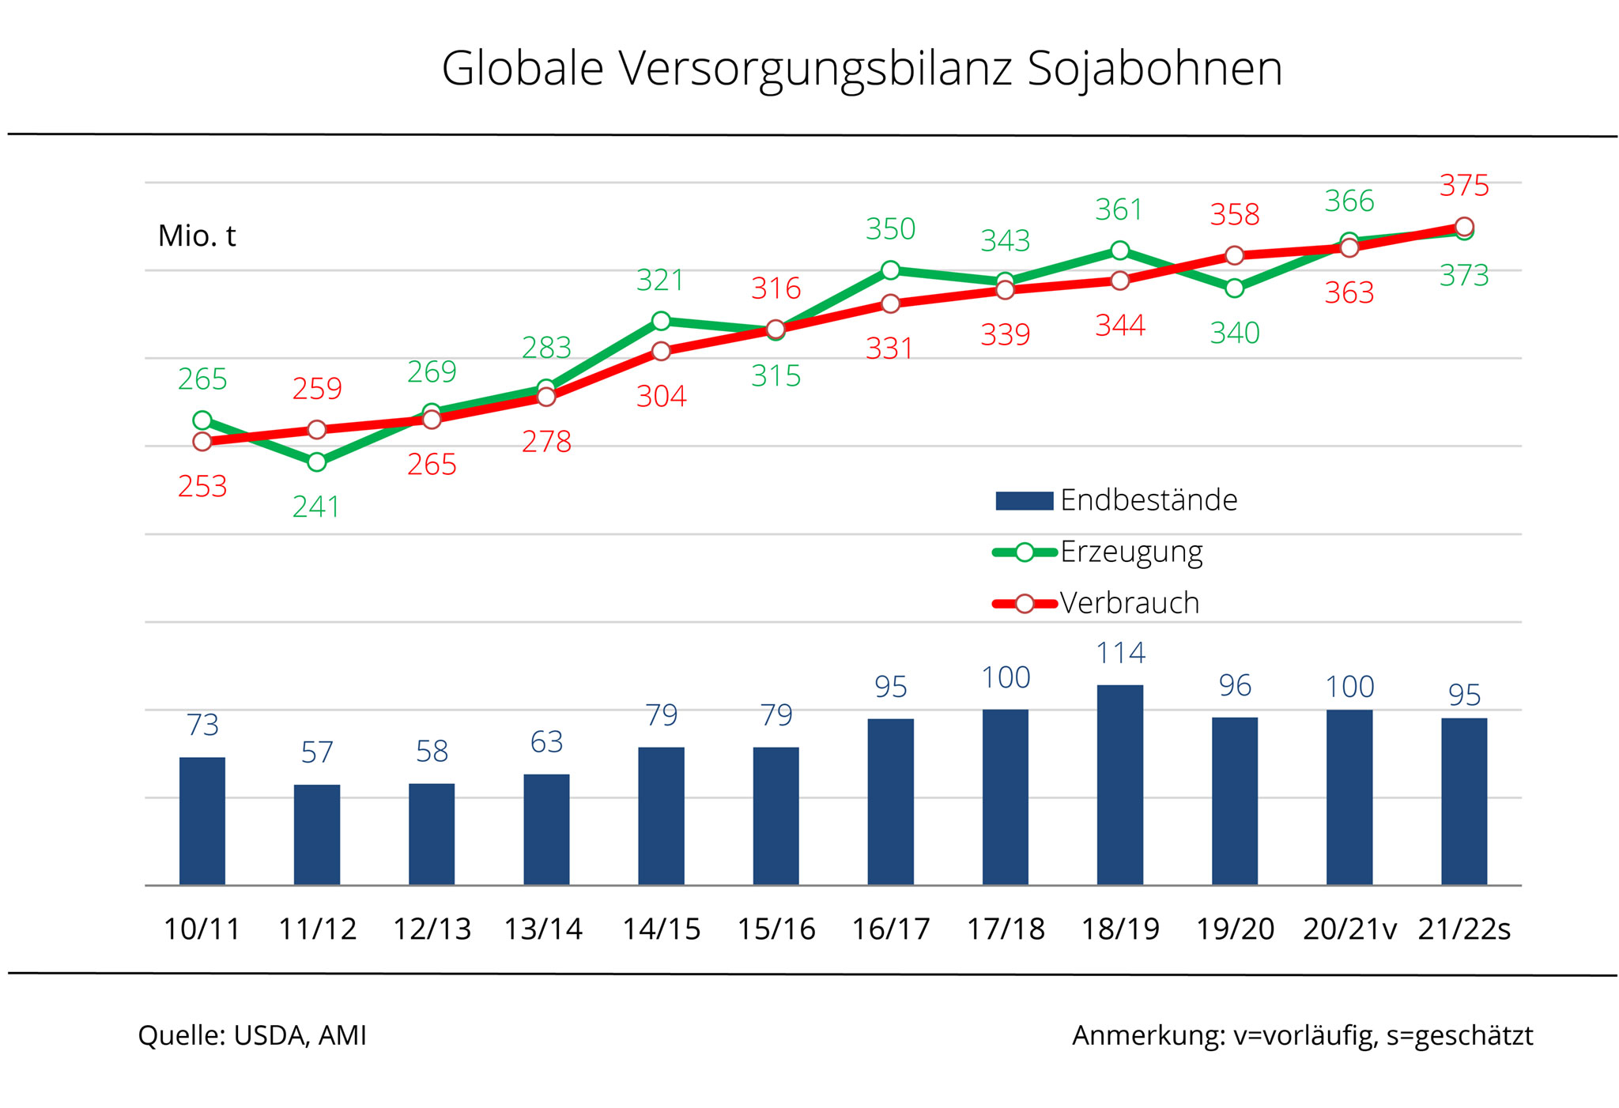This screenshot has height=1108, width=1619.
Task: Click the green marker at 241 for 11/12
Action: point(316,462)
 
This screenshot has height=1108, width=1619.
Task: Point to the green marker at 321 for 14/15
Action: point(661,321)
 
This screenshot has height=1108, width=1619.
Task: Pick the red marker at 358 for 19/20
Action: point(1234,255)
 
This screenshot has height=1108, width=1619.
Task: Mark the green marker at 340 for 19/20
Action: point(1234,288)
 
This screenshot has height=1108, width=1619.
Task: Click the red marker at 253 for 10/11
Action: point(202,441)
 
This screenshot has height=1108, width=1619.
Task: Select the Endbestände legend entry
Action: point(1116,500)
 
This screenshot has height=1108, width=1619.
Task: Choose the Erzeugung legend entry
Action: point(1099,552)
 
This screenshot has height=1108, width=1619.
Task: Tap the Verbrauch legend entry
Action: point(1096,603)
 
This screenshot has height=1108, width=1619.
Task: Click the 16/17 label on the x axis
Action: point(890,929)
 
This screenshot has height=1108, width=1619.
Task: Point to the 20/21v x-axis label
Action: point(1349,929)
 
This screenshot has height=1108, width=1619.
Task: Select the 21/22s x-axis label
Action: point(1464,929)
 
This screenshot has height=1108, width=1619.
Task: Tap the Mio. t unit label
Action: point(197,236)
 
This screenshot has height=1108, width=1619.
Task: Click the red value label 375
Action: point(1464,186)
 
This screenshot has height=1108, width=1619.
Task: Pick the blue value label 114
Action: point(1120,653)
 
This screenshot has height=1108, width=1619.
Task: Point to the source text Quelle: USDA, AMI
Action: point(252,1035)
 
